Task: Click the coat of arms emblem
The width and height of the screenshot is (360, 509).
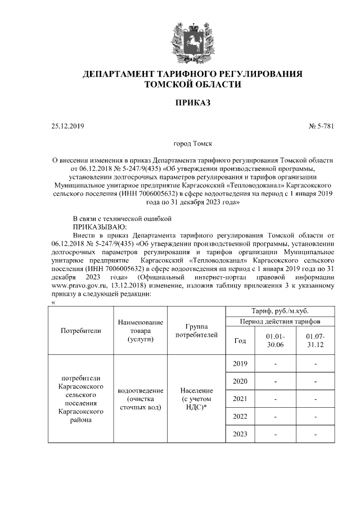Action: click(193, 38)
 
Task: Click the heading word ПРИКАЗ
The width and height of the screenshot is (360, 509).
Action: click(192, 104)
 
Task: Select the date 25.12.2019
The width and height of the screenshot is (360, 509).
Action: click(67, 127)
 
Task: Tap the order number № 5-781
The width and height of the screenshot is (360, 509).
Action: click(321, 127)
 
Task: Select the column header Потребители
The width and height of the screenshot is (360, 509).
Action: click(80, 331)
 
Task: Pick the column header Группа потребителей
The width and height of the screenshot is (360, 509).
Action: click(196, 331)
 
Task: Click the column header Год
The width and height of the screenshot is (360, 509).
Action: click(239, 340)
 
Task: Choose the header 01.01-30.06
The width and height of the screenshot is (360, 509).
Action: click(275, 340)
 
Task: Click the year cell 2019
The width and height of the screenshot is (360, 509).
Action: click(240, 364)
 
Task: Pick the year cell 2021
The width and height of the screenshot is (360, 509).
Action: click(240, 399)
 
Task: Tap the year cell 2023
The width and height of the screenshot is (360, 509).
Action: click(240, 434)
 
